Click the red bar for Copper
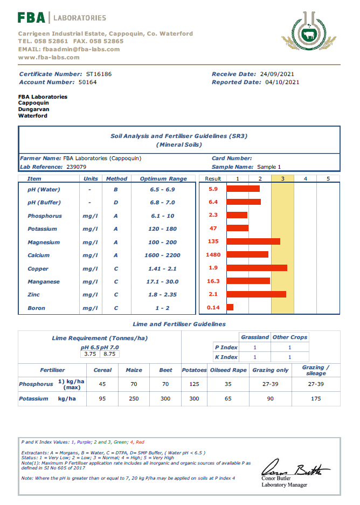257,268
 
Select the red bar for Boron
230,307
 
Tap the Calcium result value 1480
213,255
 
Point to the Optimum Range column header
163,179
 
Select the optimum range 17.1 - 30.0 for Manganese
163,281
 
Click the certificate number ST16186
99,74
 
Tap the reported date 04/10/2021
282,82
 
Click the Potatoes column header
194,370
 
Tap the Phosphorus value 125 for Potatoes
194,384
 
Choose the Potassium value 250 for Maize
134,399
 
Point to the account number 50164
87,82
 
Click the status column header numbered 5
328,179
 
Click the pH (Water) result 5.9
213,189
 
